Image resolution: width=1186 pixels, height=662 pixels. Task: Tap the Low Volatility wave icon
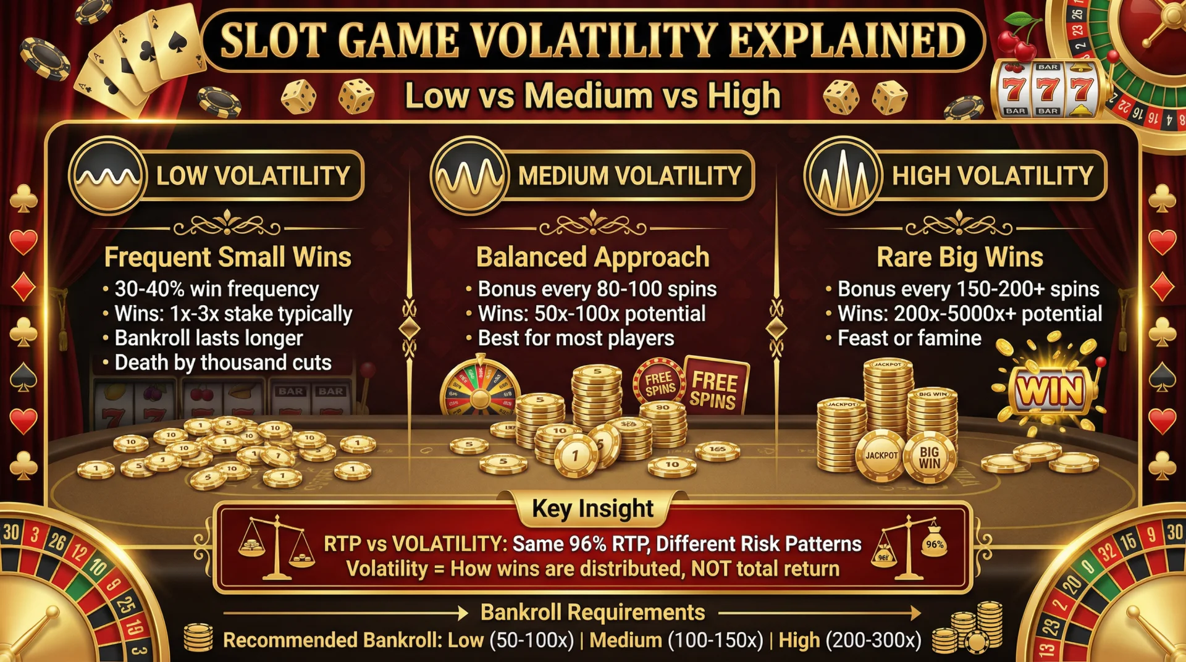(x=107, y=175)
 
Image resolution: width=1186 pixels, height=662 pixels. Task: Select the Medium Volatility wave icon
(x=469, y=175)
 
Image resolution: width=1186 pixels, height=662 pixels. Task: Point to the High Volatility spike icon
(x=843, y=175)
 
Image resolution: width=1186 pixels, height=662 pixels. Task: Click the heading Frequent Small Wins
(x=227, y=257)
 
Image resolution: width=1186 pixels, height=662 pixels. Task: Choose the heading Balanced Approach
(x=592, y=257)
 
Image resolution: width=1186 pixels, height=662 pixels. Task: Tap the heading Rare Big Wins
(x=959, y=257)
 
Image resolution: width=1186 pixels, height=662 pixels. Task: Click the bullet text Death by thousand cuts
(x=222, y=362)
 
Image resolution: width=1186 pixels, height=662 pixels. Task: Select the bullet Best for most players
(x=576, y=338)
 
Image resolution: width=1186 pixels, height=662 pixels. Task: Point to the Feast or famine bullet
(x=909, y=338)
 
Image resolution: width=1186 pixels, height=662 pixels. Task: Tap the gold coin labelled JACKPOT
(x=881, y=456)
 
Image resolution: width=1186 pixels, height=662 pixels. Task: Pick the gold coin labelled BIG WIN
(x=929, y=458)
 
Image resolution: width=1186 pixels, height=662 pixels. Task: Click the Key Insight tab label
(x=592, y=508)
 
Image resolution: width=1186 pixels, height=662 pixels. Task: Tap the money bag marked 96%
(x=934, y=543)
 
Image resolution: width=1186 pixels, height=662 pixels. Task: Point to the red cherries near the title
(x=1016, y=37)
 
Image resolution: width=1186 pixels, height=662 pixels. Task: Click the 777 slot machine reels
(x=1047, y=90)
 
